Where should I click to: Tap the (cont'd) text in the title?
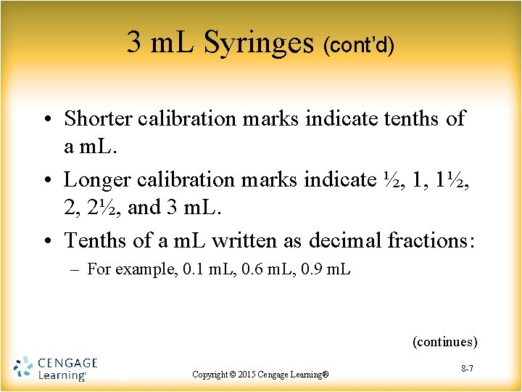(x=359, y=46)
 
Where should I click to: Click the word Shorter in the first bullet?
(x=97, y=118)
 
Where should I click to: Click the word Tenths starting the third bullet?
(x=94, y=240)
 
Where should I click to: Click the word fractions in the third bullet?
(x=432, y=240)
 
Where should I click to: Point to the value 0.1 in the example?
(x=193, y=270)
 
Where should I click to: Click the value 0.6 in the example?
(x=253, y=270)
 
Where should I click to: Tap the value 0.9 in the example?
(x=312, y=270)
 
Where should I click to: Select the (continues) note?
(x=444, y=341)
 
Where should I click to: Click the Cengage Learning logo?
(x=55, y=368)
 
